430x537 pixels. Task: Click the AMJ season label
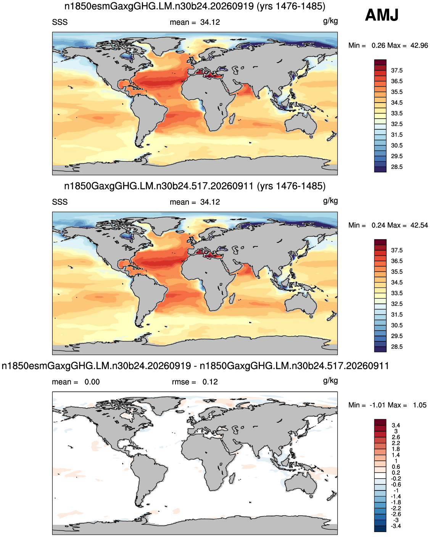(382, 15)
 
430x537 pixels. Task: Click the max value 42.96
(419, 45)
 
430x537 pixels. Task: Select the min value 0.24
(379, 225)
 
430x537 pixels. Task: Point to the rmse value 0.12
(210, 382)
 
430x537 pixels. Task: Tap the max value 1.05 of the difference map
(420, 405)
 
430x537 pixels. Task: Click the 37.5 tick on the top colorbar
(397, 71)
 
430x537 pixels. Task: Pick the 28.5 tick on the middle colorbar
(397, 347)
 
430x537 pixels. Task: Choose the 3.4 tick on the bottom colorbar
(396, 425)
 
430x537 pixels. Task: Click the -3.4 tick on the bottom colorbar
(396, 526)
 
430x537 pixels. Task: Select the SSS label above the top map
(60, 22)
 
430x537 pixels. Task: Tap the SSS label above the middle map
(60, 202)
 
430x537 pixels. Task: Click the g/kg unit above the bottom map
(330, 381)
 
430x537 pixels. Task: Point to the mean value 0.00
(92, 382)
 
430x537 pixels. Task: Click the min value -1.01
(378, 405)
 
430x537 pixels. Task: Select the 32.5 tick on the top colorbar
(397, 124)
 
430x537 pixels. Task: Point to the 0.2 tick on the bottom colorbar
(396, 473)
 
